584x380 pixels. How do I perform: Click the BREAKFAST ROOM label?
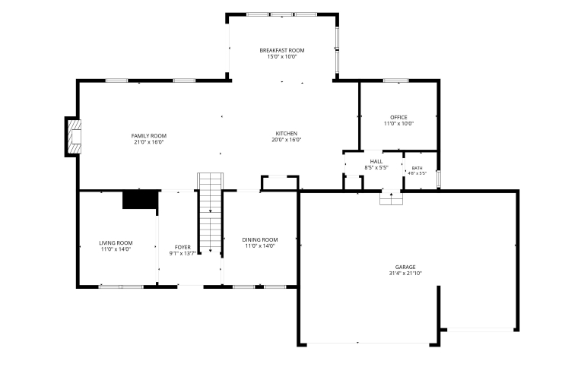pos(282,50)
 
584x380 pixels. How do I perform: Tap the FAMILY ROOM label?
pos(148,136)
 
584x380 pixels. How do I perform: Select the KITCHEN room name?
pos(287,134)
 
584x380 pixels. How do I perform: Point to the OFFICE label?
pos(398,117)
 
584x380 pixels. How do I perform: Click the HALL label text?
pos(376,162)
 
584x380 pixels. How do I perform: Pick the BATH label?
pos(417,168)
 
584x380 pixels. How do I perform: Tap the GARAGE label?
pos(405,267)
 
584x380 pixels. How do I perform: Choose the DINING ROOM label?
pos(260,239)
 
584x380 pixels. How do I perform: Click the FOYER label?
pos(182,247)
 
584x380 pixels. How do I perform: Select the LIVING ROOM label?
pos(116,243)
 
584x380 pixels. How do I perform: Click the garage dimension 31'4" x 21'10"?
pos(405,273)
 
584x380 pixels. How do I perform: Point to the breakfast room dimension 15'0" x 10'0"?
pos(282,57)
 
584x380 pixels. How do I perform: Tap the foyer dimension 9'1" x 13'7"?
pos(182,254)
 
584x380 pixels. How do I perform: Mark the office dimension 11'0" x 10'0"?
pos(399,124)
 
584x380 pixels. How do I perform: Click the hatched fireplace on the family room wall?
pos(74,137)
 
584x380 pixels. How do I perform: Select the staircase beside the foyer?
pos(211,213)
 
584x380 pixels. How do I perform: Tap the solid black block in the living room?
pos(141,199)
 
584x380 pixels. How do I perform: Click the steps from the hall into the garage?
pos(391,198)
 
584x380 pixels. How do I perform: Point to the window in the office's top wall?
pos(396,81)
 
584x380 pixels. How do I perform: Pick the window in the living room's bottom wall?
pos(121,287)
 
